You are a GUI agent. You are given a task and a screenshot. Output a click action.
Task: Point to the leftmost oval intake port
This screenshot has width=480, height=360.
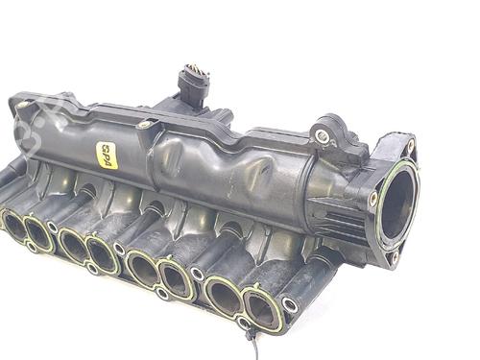tap(14, 226)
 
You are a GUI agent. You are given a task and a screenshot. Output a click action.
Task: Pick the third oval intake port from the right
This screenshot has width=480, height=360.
tap(176, 279)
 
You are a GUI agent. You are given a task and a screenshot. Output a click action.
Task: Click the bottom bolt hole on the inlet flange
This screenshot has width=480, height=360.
tap(394, 257)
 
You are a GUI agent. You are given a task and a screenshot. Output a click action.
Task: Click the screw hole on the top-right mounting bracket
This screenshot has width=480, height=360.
tap(323, 137)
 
